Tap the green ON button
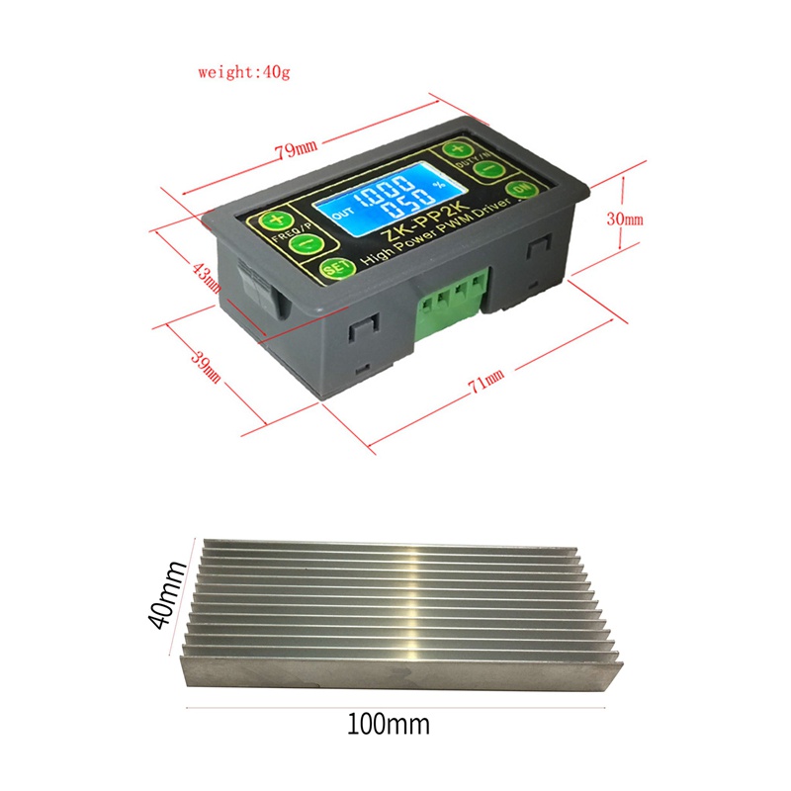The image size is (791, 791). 518,191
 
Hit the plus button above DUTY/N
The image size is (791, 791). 457,150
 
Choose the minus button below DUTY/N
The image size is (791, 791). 486,170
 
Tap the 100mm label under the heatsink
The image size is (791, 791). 388,725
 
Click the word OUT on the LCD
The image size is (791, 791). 342,213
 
